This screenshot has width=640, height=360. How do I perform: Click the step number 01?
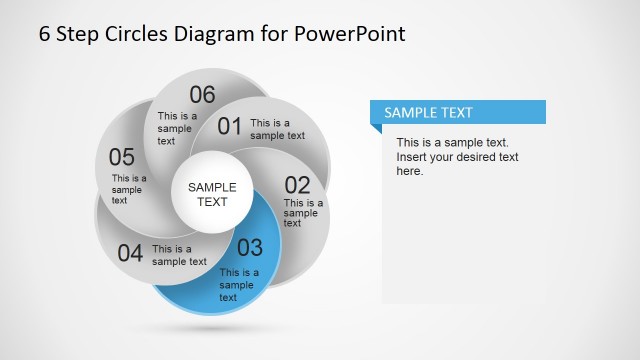point(230,126)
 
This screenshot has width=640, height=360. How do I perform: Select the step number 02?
point(298,185)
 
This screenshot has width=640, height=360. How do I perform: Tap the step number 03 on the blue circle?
point(249,248)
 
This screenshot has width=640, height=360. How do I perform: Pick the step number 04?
point(130,253)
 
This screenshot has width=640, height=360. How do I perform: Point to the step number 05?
point(122,157)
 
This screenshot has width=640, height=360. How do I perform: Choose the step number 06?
point(202,95)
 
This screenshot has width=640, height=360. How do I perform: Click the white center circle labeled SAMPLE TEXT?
point(212,194)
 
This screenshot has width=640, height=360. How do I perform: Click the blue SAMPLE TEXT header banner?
point(457,113)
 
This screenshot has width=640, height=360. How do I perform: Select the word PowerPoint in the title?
point(350,33)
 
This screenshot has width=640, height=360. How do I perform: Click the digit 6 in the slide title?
point(45,33)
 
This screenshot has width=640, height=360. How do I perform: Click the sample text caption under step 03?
point(239,285)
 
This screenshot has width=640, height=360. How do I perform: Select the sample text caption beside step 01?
point(277,129)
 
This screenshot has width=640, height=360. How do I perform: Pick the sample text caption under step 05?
point(128,189)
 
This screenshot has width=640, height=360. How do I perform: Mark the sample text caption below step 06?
point(174,128)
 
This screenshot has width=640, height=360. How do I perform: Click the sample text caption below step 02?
point(300,212)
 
